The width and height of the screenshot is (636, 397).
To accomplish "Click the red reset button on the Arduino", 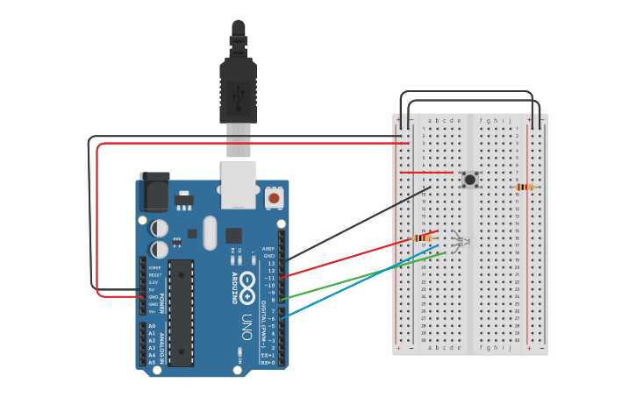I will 275,199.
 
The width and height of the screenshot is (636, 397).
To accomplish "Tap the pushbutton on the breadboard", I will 470,180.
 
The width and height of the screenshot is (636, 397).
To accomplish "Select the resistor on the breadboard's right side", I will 525,187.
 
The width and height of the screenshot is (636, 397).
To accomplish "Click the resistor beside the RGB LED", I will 424,237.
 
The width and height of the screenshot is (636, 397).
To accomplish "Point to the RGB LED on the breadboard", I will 459,239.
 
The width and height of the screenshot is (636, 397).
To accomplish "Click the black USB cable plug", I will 238,88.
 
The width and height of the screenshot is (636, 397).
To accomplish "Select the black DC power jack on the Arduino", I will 154,192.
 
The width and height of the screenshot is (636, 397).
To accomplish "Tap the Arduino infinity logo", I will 248,282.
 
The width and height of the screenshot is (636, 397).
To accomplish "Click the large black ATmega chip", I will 181,312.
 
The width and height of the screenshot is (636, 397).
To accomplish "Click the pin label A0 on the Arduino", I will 152,326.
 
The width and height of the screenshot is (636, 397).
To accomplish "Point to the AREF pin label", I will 268,248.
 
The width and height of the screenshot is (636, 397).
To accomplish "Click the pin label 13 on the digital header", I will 271,263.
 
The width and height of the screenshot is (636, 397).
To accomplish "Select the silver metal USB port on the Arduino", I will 238,184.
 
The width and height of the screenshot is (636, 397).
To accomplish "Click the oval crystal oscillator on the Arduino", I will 209,233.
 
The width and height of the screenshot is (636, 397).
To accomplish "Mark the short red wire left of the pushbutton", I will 426,173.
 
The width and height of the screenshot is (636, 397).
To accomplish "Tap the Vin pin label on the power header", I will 152,311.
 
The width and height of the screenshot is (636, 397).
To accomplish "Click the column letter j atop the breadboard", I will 509,121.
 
